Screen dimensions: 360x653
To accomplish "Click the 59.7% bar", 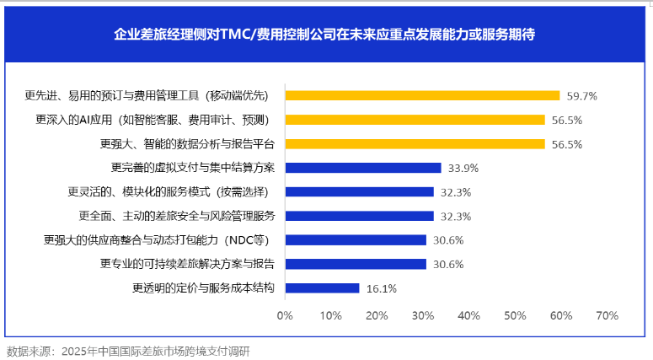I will tap(422, 95).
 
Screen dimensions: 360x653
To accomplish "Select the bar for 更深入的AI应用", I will tap(415, 120).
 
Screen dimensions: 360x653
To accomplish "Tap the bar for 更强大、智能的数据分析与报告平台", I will tap(415, 143).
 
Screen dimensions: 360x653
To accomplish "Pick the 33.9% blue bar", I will tap(363, 168).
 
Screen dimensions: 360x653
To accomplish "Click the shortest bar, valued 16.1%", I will tap(322, 288).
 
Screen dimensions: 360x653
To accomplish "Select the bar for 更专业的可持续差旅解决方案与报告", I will tap(356, 264).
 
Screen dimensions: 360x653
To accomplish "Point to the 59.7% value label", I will tap(581, 96).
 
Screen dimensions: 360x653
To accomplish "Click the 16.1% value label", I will tap(382, 288).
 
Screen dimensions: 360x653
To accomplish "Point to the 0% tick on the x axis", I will tap(285, 316).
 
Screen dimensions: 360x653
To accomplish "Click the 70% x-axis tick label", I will tap(607, 316).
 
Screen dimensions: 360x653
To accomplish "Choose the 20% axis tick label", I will tap(377, 316).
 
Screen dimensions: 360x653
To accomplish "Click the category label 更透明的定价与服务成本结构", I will tap(203, 288).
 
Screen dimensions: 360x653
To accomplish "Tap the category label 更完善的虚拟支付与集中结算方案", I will tap(193, 168).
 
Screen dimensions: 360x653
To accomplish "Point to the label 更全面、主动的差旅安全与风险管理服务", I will tap(177, 216).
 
